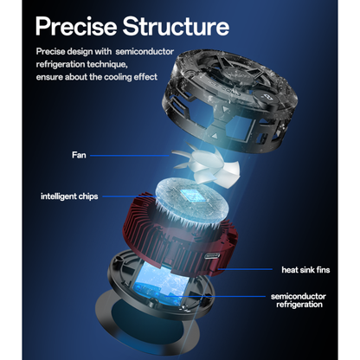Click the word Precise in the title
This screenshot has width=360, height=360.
(x=76, y=26)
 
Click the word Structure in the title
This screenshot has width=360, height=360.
(x=176, y=26)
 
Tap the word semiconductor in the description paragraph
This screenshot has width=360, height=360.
(x=145, y=52)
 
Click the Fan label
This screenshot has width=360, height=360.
(x=79, y=155)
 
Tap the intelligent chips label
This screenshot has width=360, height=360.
(x=69, y=196)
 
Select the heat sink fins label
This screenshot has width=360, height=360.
(x=305, y=270)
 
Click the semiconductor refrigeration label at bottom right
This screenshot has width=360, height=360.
(x=299, y=300)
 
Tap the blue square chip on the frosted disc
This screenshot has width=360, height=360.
(x=190, y=196)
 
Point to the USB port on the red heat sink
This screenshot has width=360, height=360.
(x=212, y=255)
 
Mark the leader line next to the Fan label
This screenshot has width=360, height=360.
(x=130, y=156)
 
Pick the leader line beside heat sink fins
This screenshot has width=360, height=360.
(x=245, y=269)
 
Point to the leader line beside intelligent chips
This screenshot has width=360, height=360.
(x=130, y=196)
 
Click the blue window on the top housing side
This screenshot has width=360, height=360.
(x=238, y=126)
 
